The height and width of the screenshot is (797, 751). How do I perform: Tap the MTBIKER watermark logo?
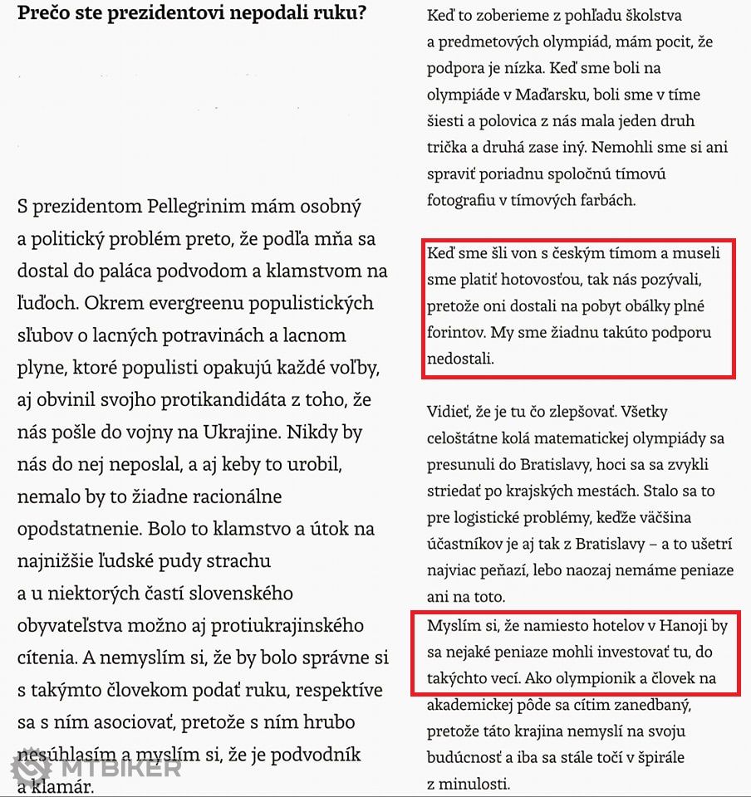[x=96, y=768]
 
